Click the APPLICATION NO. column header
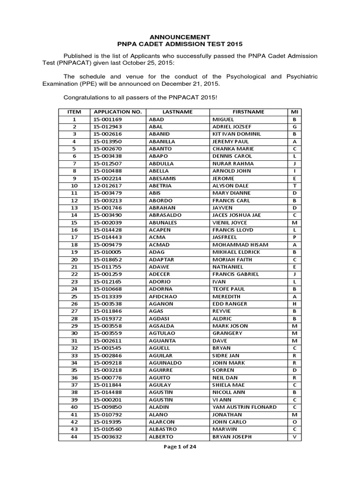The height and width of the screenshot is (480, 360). (117, 112)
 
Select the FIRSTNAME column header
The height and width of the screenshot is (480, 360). (248, 112)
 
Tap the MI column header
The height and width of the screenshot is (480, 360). (294, 112)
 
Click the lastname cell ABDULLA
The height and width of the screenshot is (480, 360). (161, 164)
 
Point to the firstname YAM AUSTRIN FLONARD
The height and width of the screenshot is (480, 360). (244, 407)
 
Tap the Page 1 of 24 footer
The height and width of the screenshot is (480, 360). (180, 447)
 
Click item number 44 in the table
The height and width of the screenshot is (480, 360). (74, 437)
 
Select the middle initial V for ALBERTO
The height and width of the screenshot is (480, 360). (294, 437)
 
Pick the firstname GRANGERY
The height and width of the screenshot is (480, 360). (227, 333)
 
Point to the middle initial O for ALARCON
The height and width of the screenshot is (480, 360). (294, 422)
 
